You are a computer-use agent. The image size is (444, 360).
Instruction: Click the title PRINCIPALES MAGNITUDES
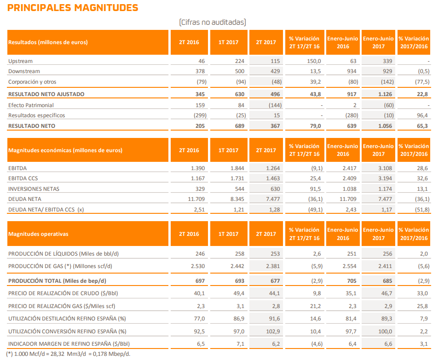[73, 8]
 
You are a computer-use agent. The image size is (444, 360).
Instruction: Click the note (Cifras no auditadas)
[212, 22]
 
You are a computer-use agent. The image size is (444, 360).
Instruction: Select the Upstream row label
[20, 61]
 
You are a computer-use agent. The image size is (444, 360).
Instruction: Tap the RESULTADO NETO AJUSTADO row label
[46, 94]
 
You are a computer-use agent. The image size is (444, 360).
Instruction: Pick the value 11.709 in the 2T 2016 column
[196, 199]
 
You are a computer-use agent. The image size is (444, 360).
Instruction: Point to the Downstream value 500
[234, 71]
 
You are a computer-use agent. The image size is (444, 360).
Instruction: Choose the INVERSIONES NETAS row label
[34, 189]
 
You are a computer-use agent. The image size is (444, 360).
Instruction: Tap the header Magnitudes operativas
[38, 234]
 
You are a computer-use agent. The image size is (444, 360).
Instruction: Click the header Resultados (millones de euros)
[48, 42]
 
